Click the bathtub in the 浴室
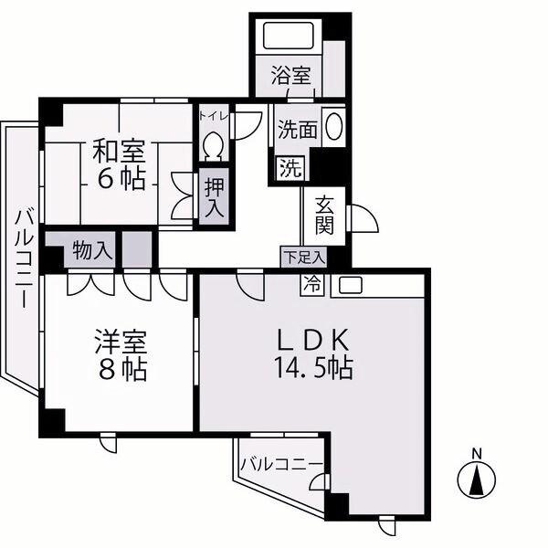click(x=289, y=36)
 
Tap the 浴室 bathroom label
click(x=291, y=75)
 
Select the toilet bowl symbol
click(x=213, y=147)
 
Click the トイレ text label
click(x=214, y=116)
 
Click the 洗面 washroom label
click(x=298, y=130)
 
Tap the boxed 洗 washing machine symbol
click(x=291, y=168)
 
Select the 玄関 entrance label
click(x=325, y=216)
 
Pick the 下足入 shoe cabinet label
click(x=304, y=258)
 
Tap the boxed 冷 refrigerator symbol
click(x=312, y=284)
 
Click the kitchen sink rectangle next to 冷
click(x=352, y=285)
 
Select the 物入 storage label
click(x=92, y=250)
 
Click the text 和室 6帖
click(x=119, y=165)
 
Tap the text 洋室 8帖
click(x=121, y=356)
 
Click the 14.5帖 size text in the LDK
click(x=313, y=367)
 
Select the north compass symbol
click(x=477, y=478)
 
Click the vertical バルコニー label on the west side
click(x=25, y=258)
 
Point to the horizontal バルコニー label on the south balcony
click(x=281, y=465)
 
